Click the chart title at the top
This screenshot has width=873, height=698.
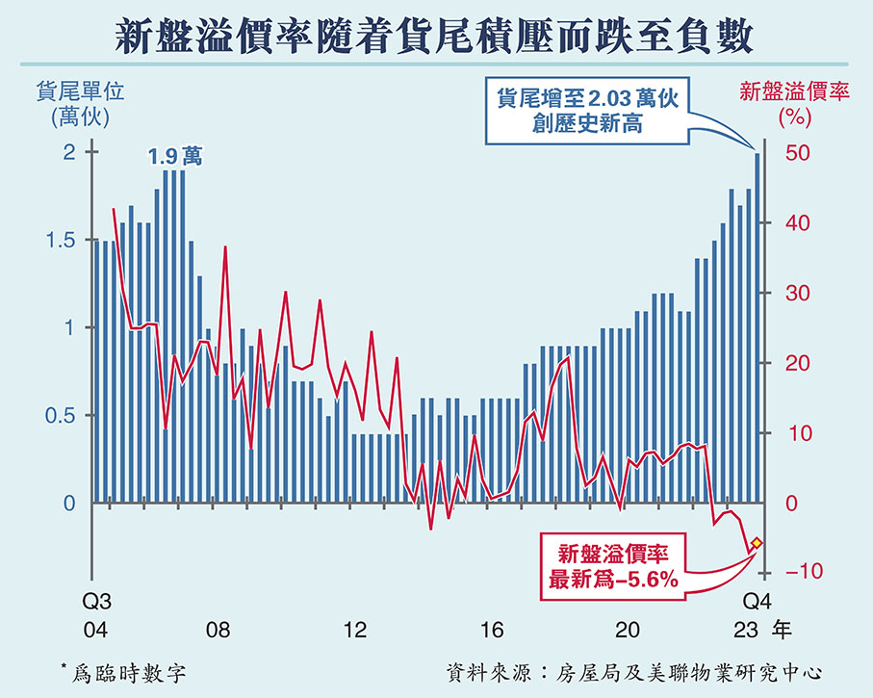click(436, 37)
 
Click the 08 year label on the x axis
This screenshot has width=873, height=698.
click(218, 631)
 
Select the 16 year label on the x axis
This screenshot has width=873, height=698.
click(492, 631)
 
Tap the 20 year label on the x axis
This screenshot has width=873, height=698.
click(629, 631)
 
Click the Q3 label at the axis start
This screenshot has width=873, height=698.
click(95, 602)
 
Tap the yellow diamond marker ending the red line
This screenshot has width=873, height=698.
click(757, 543)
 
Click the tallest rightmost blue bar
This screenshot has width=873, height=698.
click(757, 327)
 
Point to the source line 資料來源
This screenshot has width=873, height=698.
click(637, 671)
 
